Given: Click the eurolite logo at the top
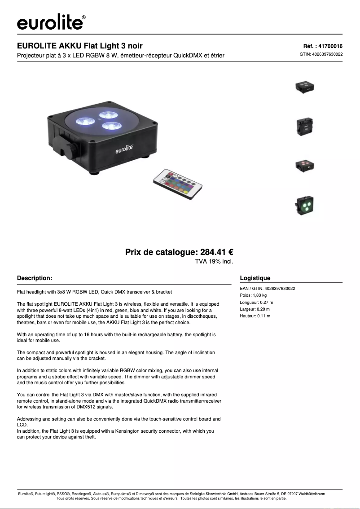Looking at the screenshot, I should (51, 22).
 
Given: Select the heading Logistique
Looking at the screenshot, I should (255, 278).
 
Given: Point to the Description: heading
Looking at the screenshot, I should (35, 278).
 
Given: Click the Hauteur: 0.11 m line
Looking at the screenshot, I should (255, 316).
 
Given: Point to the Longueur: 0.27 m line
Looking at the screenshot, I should (256, 303).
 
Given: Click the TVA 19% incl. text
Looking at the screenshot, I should (214, 261).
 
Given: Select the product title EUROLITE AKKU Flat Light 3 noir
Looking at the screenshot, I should (80, 46).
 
